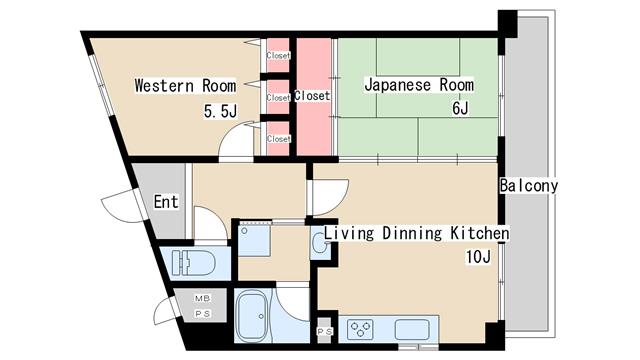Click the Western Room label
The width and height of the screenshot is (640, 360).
[x=185, y=86]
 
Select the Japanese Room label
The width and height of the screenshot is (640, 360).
[x=419, y=86]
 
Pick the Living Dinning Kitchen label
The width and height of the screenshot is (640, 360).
[x=415, y=234]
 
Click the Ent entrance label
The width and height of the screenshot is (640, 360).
[x=166, y=202]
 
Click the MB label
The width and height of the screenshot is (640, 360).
[x=203, y=299]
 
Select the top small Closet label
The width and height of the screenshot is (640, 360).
[x=278, y=56]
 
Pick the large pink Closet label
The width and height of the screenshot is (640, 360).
[x=313, y=97]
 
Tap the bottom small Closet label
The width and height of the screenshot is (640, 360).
[x=278, y=138]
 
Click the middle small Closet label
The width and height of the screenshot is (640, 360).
[x=278, y=98]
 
